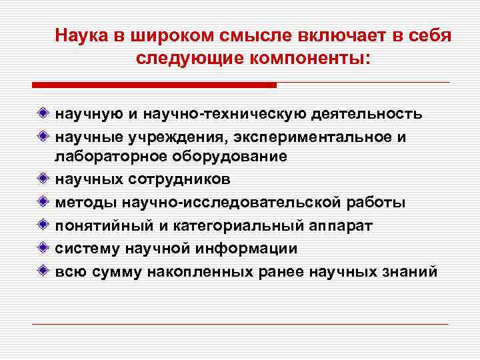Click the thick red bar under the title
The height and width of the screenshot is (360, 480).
coord(154,85)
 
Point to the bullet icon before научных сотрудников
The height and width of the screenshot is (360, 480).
coord(43,179)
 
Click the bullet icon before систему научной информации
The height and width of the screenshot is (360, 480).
coord(43,248)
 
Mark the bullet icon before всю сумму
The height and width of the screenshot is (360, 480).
coord(43,271)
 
